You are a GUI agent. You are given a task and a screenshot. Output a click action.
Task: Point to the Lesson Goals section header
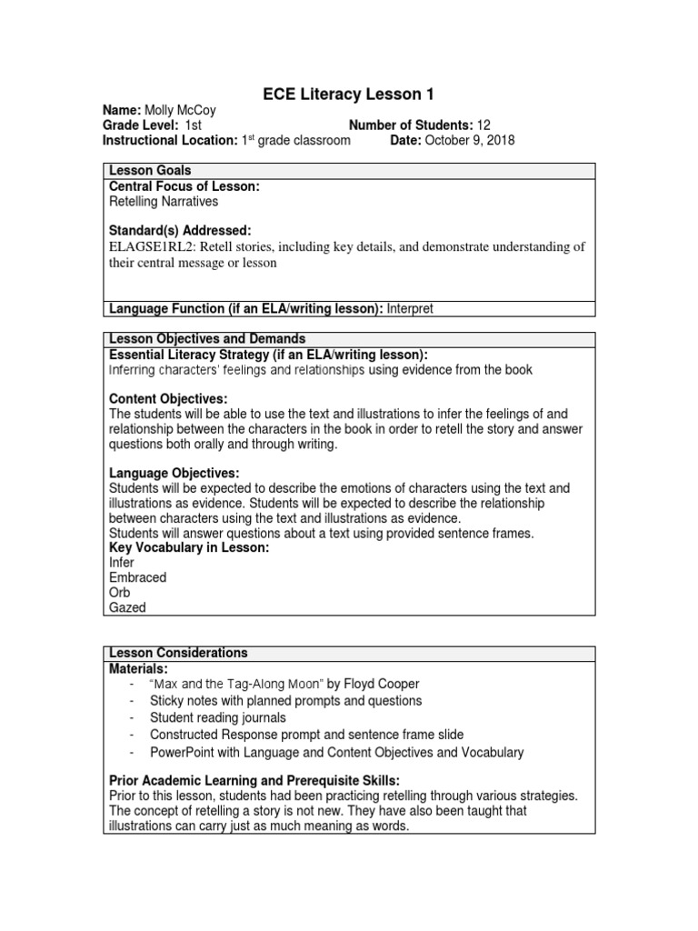(150, 171)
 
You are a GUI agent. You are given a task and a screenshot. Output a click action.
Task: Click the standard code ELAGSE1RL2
(152, 246)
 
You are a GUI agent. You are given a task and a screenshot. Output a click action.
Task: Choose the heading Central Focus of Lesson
(184, 186)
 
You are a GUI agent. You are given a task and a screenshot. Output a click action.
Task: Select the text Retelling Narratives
(164, 202)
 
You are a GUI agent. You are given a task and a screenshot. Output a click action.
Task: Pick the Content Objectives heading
(168, 399)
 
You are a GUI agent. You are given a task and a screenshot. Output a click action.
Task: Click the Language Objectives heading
(174, 474)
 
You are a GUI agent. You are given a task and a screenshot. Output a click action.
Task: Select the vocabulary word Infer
(120, 563)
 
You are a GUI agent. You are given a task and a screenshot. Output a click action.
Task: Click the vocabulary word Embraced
(137, 577)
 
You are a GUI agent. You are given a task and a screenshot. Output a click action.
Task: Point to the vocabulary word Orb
(119, 593)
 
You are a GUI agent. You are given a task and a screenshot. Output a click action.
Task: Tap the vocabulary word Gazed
(127, 607)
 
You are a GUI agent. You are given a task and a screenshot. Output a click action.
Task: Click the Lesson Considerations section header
(178, 653)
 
